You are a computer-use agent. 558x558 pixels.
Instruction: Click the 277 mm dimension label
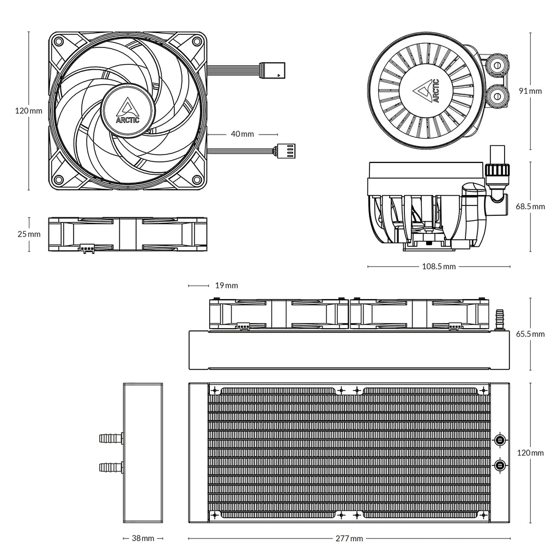[349, 538]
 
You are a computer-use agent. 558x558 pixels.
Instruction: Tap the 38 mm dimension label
[143, 538]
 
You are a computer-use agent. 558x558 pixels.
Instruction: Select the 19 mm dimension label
[226, 286]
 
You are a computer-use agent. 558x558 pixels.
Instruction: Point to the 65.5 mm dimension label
[530, 334]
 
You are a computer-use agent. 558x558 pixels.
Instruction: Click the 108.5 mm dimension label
[439, 267]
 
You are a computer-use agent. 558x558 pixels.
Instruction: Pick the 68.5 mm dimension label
[530, 207]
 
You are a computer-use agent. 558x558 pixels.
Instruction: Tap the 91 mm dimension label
[530, 91]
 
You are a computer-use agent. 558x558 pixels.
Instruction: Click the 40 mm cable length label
[242, 134]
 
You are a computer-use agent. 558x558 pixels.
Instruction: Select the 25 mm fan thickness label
[29, 234]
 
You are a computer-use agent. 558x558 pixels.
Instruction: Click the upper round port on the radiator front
[500, 440]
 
